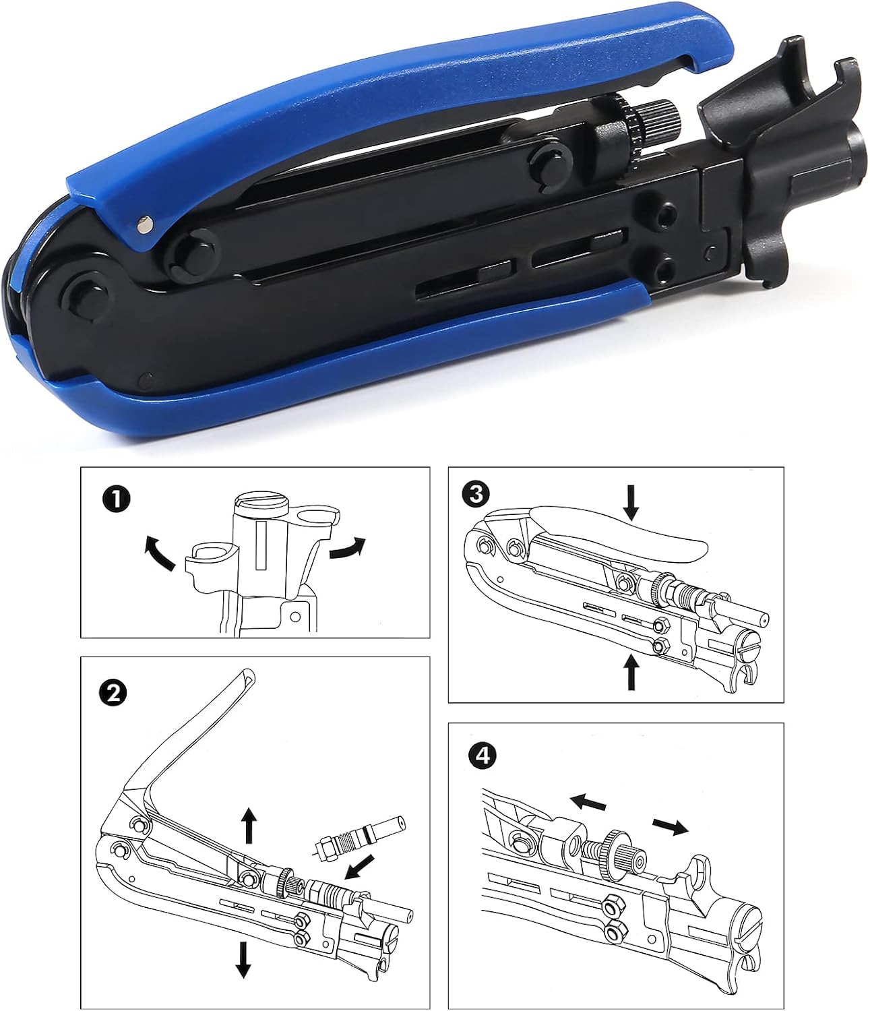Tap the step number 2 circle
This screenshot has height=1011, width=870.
click(112, 692)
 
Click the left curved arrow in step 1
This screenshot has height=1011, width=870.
click(159, 550)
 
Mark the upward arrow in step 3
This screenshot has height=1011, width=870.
click(631, 671)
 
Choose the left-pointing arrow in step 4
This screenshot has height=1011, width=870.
click(588, 802)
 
